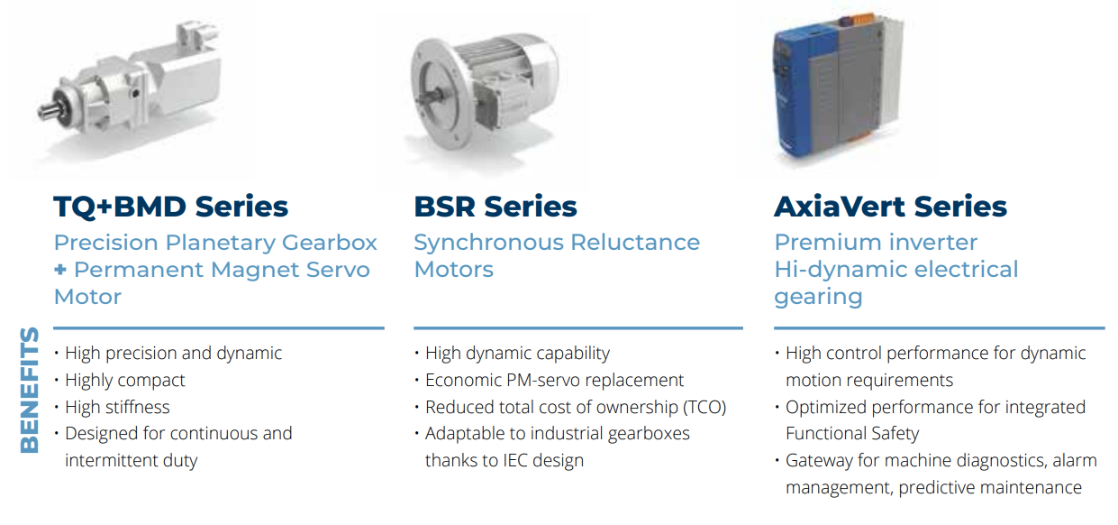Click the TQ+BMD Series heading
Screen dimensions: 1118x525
170,207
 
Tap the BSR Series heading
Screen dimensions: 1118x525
495,207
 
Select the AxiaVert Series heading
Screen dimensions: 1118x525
890,207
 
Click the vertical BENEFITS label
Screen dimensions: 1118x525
30,390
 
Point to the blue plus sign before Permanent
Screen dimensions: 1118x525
60,270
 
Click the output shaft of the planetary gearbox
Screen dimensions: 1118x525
49,110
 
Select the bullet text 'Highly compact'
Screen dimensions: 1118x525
125,381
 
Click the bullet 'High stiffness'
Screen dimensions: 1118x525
117,407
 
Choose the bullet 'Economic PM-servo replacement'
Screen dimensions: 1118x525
554,380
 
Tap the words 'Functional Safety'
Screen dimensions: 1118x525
852,433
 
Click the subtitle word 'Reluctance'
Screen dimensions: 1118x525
635,243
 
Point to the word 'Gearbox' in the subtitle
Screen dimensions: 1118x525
330,243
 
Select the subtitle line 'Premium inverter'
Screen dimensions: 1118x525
876,243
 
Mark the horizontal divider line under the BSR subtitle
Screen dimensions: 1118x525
578,328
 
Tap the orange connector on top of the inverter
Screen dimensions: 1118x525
863,20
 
